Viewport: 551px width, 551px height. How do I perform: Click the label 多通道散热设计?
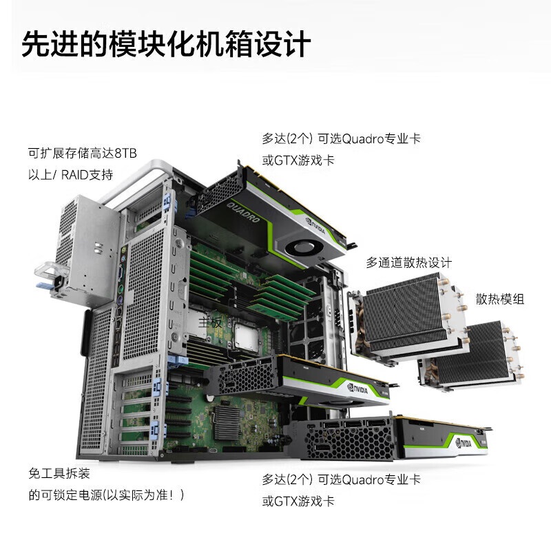pyautogui.click(x=408, y=262)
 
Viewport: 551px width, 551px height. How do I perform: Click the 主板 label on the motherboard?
pyautogui.click(x=210, y=321)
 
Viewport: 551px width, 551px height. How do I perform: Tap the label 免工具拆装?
pyautogui.click(x=59, y=474)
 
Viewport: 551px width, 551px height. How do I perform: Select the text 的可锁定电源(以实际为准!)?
pyautogui.click(x=106, y=495)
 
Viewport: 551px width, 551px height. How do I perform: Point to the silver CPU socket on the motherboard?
pyautogui.click(x=247, y=337)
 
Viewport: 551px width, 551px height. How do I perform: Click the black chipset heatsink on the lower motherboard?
pyautogui.click(x=229, y=419)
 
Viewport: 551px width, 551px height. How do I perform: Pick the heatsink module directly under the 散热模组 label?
pyautogui.click(x=468, y=355)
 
